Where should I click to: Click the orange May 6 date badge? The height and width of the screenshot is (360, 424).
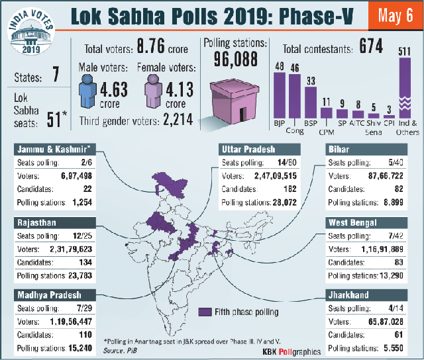click(x=396, y=16)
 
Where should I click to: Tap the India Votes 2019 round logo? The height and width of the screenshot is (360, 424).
click(x=31, y=31)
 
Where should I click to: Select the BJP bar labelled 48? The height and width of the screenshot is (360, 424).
click(x=280, y=95)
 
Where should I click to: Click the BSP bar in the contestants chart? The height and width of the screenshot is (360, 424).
click(x=311, y=103)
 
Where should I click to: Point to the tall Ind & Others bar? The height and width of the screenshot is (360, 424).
click(x=405, y=88)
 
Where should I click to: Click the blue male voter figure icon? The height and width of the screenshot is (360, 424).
click(x=87, y=91)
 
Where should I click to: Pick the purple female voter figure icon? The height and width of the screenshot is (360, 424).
click(x=153, y=91)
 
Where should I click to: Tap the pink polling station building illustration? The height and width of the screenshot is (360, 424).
click(x=235, y=101)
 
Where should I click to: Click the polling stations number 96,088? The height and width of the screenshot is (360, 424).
click(x=236, y=59)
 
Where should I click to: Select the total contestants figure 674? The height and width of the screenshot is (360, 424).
click(x=371, y=46)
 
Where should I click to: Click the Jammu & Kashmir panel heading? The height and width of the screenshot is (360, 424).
click(x=54, y=150)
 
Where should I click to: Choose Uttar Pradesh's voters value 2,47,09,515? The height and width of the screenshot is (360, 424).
click(x=276, y=176)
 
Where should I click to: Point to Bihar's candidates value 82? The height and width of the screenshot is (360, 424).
click(x=399, y=189)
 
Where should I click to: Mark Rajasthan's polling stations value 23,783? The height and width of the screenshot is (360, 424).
click(x=80, y=275)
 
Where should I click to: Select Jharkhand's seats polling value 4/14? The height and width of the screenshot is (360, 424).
click(x=396, y=308)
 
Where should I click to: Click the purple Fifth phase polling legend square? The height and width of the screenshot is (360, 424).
click(x=205, y=312)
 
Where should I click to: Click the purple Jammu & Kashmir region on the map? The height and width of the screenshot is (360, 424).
click(x=170, y=184)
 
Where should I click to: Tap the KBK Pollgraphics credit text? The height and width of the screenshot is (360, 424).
click(x=291, y=351)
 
